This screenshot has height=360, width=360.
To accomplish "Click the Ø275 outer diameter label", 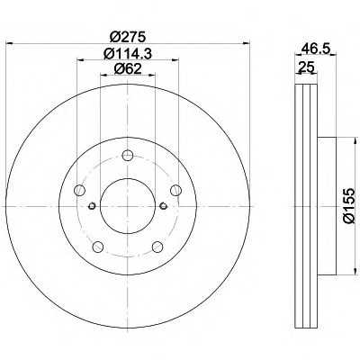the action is point(128,37).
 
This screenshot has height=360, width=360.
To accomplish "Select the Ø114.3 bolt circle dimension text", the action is point(128,54).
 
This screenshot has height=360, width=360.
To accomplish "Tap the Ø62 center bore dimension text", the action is point(128,69).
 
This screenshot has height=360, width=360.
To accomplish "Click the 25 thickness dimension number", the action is point(306,67).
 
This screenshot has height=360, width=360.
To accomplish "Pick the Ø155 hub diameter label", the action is point(349,206).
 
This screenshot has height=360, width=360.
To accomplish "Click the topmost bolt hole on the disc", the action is point(128,156).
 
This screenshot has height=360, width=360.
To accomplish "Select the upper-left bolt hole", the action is point(79,190).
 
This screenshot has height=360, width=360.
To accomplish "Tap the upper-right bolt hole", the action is point(175,190).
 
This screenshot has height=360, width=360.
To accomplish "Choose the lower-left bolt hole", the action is point(98,247).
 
